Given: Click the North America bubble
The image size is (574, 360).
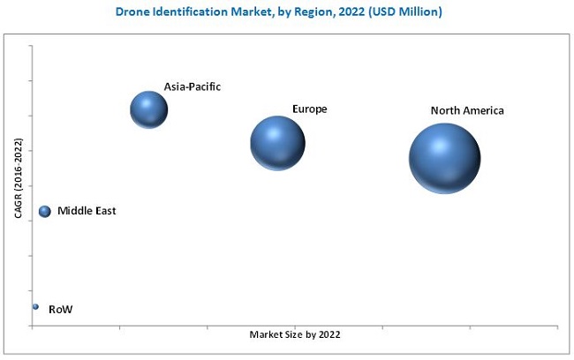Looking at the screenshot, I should (444, 158).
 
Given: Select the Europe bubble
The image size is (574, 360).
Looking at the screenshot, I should (277, 142).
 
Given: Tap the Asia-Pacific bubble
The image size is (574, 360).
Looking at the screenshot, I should (149, 109).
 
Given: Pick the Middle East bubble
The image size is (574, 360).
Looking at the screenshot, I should (45, 212).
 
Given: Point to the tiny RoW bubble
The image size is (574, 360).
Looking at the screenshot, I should (35, 307).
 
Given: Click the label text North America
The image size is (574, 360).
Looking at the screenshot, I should (467, 111).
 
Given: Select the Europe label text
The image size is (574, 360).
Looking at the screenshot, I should (310, 109).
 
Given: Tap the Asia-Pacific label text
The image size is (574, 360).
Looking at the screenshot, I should (192, 86).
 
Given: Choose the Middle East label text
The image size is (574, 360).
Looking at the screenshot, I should (87, 212).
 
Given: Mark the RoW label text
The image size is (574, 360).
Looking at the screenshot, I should (61, 310).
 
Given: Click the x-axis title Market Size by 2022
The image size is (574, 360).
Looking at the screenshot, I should (294, 335).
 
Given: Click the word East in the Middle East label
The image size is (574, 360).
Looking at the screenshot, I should (104, 212).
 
